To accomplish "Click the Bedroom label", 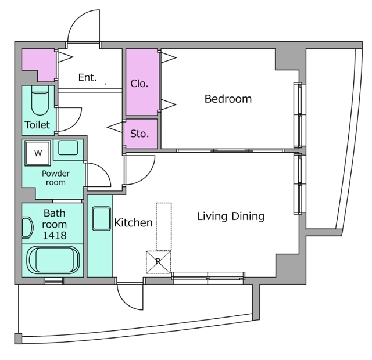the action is pyautogui.click(x=228, y=99).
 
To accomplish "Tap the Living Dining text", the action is pyautogui.click(x=231, y=217).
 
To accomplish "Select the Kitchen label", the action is pyautogui.click(x=133, y=223).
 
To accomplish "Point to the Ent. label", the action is pyautogui.click(x=88, y=77).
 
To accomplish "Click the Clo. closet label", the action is pyautogui.click(x=139, y=84).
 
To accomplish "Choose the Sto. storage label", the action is pyautogui.click(x=139, y=134).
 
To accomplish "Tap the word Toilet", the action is pyautogui.click(x=37, y=125).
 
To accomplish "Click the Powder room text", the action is pyautogui.click(x=56, y=178).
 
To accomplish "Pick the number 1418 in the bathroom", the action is pyautogui.click(x=55, y=235).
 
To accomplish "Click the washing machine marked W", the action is pyautogui.click(x=38, y=153).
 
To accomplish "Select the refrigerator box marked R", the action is pyautogui.click(x=158, y=262).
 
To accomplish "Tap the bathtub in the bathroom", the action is pyautogui.click(x=53, y=260).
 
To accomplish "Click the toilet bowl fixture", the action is pyautogui.click(x=40, y=100).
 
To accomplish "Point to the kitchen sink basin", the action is pyautogui.click(x=101, y=218).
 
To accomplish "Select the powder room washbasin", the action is pyautogui.click(x=68, y=147).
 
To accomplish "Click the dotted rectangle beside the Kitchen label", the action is pyautogui.click(x=163, y=226).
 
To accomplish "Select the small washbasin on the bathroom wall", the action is pyautogui.click(x=27, y=228).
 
